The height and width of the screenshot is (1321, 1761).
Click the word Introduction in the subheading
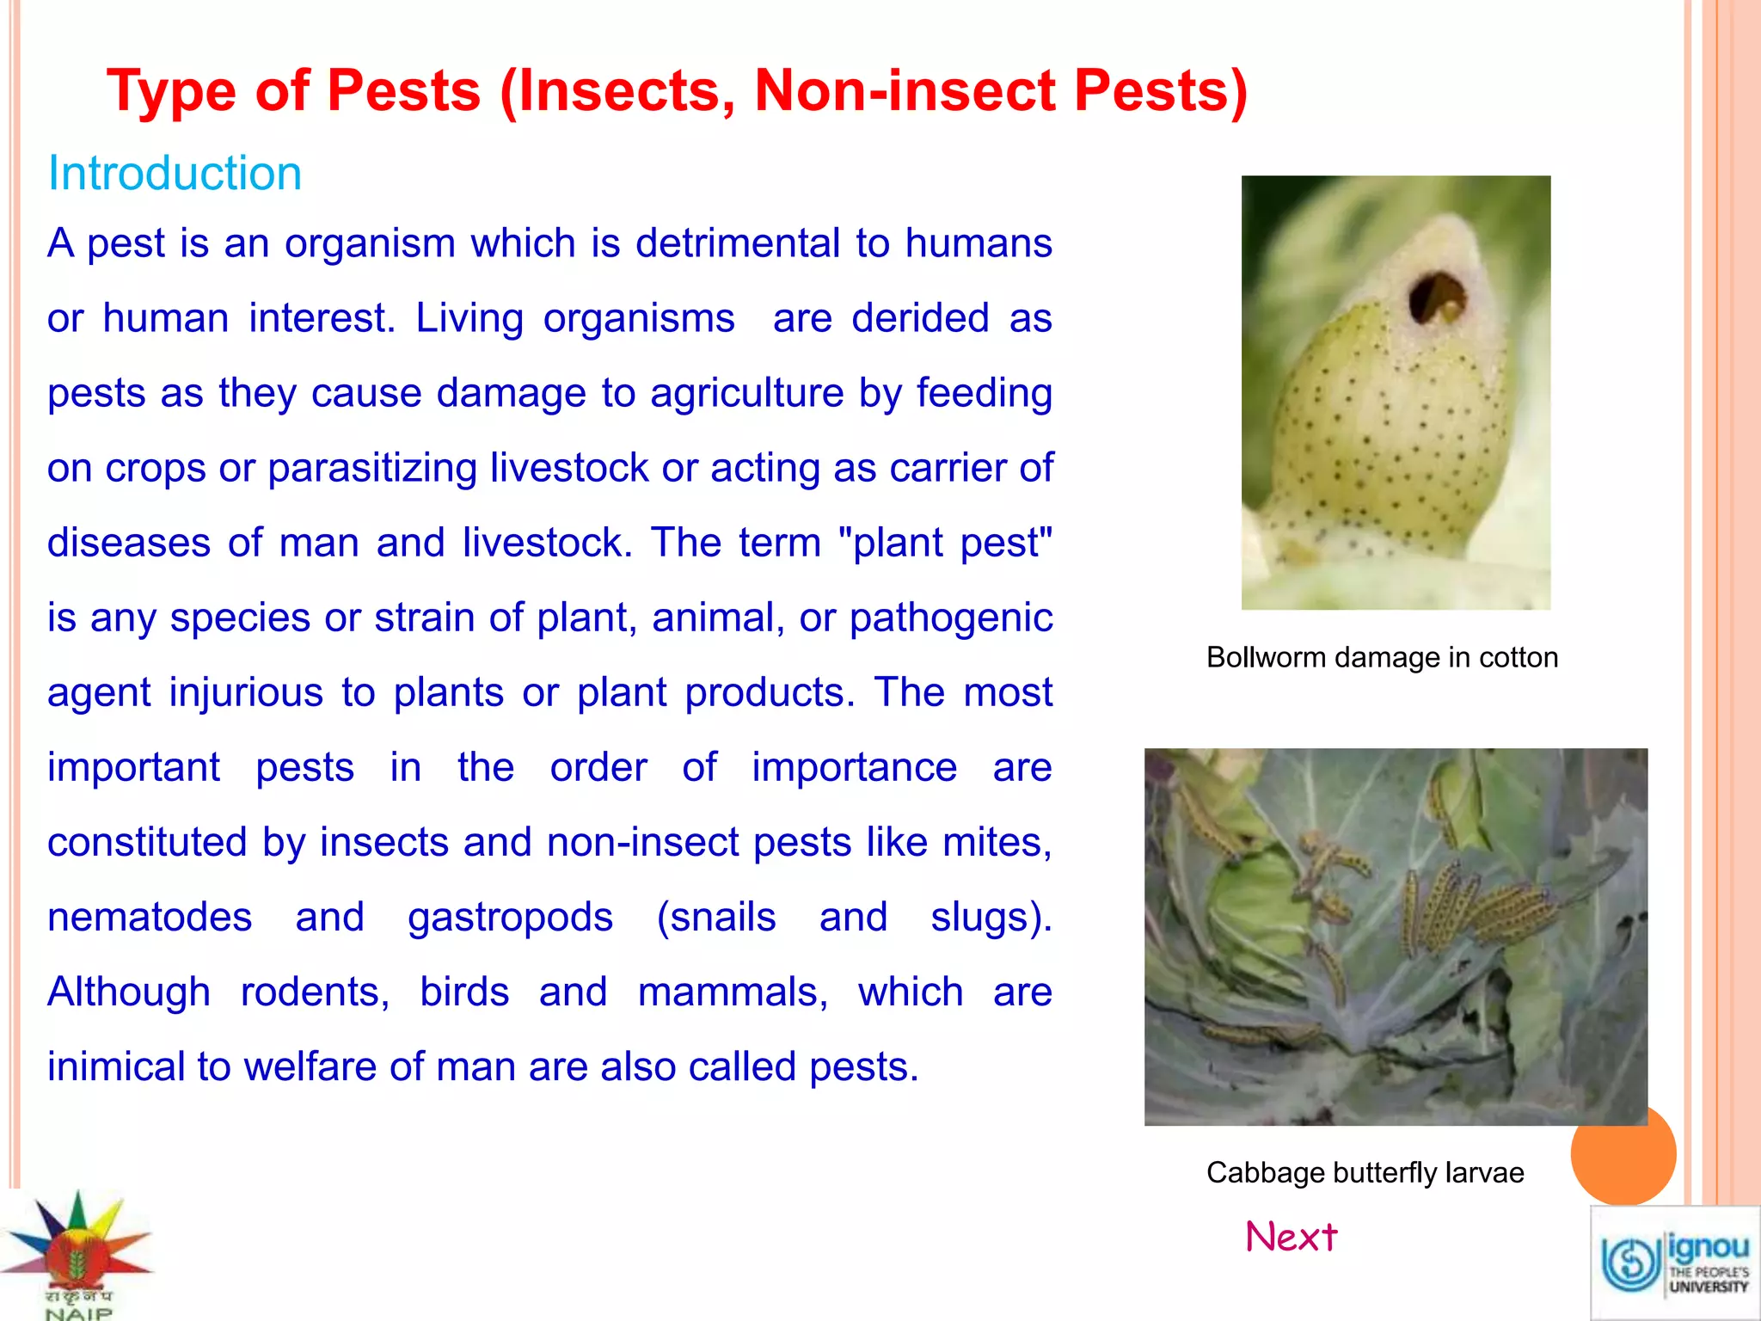[x=175, y=173]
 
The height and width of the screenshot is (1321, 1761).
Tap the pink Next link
[x=1292, y=1237]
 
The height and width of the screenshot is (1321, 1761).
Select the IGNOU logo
[x=1674, y=1263]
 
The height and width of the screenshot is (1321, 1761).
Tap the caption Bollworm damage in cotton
[x=1382, y=657]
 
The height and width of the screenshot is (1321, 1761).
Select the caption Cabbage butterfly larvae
[x=1365, y=1172]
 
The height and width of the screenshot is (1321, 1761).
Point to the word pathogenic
[x=951, y=618]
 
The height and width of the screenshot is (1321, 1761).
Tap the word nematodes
[x=150, y=917]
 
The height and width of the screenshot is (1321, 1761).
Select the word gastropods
[x=510, y=918]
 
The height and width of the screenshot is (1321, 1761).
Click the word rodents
[x=315, y=992]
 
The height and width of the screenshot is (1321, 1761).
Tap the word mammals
[x=733, y=992]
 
